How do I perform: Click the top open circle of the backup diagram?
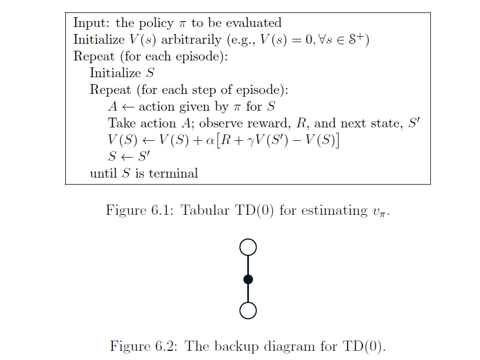pos(248,247)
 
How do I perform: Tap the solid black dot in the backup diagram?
pos(248,279)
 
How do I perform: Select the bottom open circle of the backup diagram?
pos(248,310)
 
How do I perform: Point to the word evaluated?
pos(255,23)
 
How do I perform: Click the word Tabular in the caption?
pos(201,210)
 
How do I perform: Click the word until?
pos(103,173)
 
